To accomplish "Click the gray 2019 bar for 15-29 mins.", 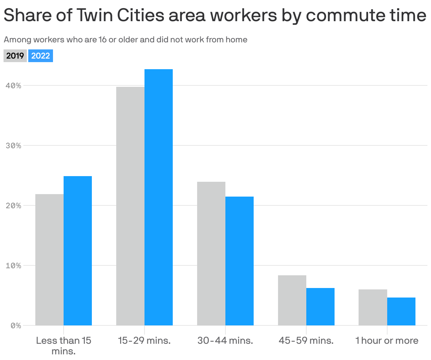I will [x=130, y=206].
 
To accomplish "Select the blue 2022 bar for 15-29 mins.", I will [x=159, y=197].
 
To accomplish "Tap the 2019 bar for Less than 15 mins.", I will [x=49, y=260].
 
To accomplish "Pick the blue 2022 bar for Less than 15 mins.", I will [x=78, y=251].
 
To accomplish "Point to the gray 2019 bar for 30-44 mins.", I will [x=211, y=253].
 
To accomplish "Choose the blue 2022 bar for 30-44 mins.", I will [x=240, y=261].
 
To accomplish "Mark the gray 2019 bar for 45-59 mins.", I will [x=292, y=300].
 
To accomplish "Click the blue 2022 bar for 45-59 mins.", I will [x=320, y=307].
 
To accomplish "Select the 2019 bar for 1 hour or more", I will [x=373, y=307].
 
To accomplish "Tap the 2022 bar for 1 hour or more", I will [x=401, y=311].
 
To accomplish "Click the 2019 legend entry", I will [x=15, y=56].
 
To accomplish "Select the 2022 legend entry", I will [x=41, y=56].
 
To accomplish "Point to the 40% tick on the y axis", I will [x=14, y=85].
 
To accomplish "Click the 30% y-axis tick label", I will [x=14, y=145].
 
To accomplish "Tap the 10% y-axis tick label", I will [x=14, y=265].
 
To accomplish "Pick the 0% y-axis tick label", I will [x=16, y=325].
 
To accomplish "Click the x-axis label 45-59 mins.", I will [x=306, y=341].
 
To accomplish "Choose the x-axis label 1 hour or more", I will [x=387, y=341].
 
